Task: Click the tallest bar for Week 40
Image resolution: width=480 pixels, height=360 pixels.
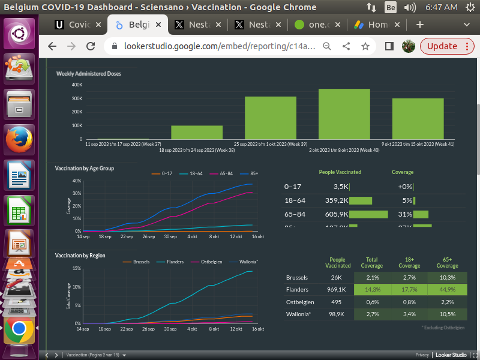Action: pos(344,114)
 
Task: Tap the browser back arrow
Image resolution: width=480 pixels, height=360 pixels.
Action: pos(52,46)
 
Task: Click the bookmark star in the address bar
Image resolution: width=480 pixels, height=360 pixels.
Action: pos(365,46)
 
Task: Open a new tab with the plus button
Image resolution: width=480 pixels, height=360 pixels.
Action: pos(420,25)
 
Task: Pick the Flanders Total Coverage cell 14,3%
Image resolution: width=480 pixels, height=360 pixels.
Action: pos(372,289)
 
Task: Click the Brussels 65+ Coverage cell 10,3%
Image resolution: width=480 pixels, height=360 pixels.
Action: pos(447,278)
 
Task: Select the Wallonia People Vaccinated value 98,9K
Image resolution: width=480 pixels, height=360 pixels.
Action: pos(336,314)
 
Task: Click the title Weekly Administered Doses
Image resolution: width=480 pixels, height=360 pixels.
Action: pos(89,74)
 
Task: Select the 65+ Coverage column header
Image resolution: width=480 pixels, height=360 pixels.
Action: pos(447,262)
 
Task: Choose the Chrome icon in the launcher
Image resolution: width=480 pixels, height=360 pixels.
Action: pos(19,329)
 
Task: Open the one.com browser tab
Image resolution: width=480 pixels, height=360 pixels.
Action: pos(318,25)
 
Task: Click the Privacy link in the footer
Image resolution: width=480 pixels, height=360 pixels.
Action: pos(422,355)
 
